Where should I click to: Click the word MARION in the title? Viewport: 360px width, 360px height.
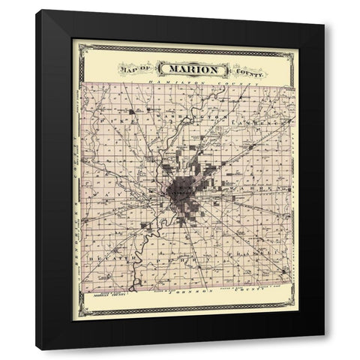coord(199,69)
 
